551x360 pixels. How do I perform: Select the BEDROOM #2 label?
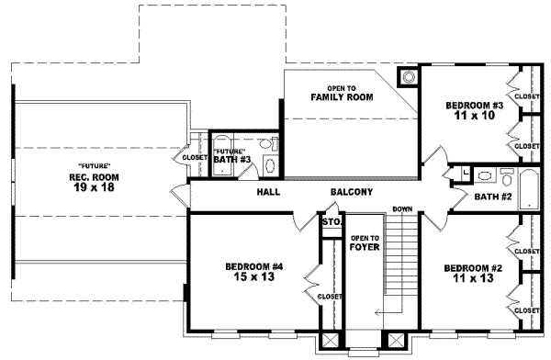[x=472, y=268]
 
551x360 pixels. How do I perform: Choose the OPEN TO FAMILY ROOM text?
[x=333, y=92]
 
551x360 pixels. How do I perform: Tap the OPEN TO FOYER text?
[x=365, y=242]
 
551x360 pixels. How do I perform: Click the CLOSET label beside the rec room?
[x=196, y=157]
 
